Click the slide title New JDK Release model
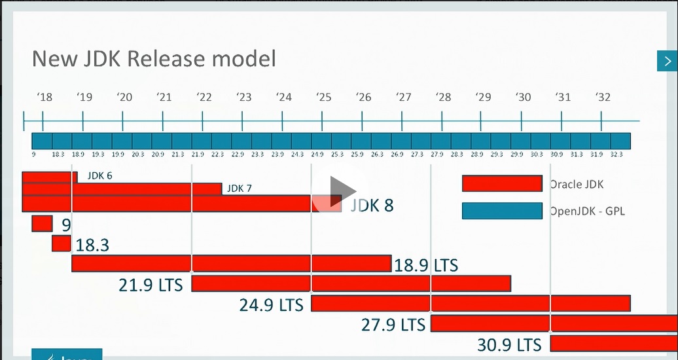[154, 59]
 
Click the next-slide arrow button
[668, 61]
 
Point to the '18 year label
[45, 97]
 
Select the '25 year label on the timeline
[323, 97]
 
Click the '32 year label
[603, 97]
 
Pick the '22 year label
[204, 97]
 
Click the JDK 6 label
[99, 176]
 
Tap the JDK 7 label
[239, 189]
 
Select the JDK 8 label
[372, 206]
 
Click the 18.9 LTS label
[425, 265]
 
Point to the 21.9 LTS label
[151, 285]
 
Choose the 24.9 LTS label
[271, 305]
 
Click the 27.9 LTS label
[393, 324]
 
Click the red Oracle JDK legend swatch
[502, 183]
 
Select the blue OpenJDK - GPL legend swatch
[502, 211]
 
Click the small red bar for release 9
[42, 224]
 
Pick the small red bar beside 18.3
[61, 243]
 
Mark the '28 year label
[444, 97]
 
